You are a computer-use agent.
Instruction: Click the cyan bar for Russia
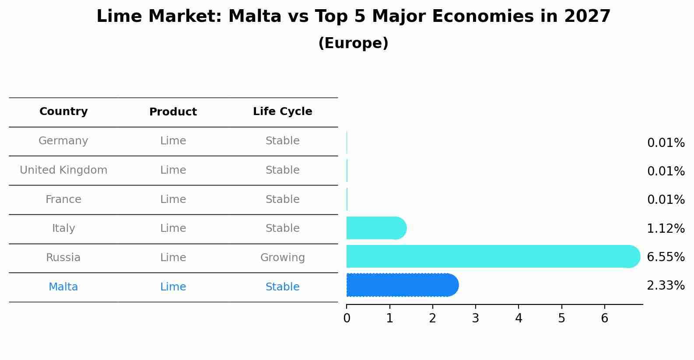click(x=490, y=256)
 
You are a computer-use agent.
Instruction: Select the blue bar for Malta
click(x=400, y=285)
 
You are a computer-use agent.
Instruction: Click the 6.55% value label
click(x=666, y=257)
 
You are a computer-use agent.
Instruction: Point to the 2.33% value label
click(x=666, y=286)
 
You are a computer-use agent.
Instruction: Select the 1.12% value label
click(x=666, y=228)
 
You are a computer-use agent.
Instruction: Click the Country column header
click(x=63, y=112)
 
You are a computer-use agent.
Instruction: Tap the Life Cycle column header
click(x=282, y=112)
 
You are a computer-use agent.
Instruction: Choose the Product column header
click(x=173, y=112)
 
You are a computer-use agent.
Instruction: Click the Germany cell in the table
click(x=63, y=141)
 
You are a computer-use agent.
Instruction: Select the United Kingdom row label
click(x=63, y=170)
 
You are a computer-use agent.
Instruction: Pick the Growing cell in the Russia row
click(x=282, y=258)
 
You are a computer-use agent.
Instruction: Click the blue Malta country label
click(x=63, y=287)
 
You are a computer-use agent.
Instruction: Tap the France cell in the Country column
click(x=63, y=199)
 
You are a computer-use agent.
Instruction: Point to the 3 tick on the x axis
click(x=476, y=318)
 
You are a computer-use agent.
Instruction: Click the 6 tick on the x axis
click(x=604, y=318)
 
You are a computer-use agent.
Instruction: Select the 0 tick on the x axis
click(x=347, y=318)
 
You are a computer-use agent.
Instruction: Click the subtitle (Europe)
click(x=353, y=43)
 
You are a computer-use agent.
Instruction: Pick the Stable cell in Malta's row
click(x=282, y=287)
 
